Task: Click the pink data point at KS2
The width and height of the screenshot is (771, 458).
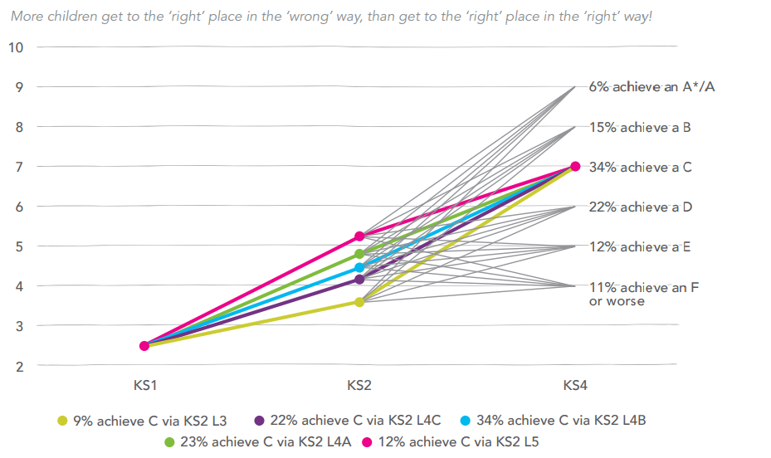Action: pyautogui.click(x=359, y=236)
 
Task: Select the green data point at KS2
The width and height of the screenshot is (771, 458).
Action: pyautogui.click(x=359, y=254)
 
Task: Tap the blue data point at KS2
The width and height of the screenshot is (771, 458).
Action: pyautogui.click(x=359, y=268)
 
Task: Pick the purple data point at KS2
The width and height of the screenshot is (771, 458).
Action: pyautogui.click(x=359, y=280)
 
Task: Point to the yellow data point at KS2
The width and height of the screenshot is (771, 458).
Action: pyautogui.click(x=359, y=302)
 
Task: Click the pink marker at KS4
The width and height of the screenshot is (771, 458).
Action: pyautogui.click(x=575, y=166)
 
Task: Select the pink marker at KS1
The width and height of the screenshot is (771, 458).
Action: pyautogui.click(x=144, y=346)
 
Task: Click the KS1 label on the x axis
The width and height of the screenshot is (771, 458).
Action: pyautogui.click(x=144, y=385)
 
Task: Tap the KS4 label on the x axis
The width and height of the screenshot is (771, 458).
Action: pyautogui.click(x=575, y=385)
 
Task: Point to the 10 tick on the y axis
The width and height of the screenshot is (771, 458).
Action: pyautogui.click(x=17, y=47)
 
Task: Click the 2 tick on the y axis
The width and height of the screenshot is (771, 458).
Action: pyautogui.click(x=17, y=366)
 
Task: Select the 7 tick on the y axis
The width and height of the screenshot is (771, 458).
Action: pyautogui.click(x=17, y=167)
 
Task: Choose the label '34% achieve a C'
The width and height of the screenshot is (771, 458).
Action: pyautogui.click(x=640, y=168)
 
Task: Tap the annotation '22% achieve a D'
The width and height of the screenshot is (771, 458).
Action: pyautogui.click(x=640, y=207)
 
